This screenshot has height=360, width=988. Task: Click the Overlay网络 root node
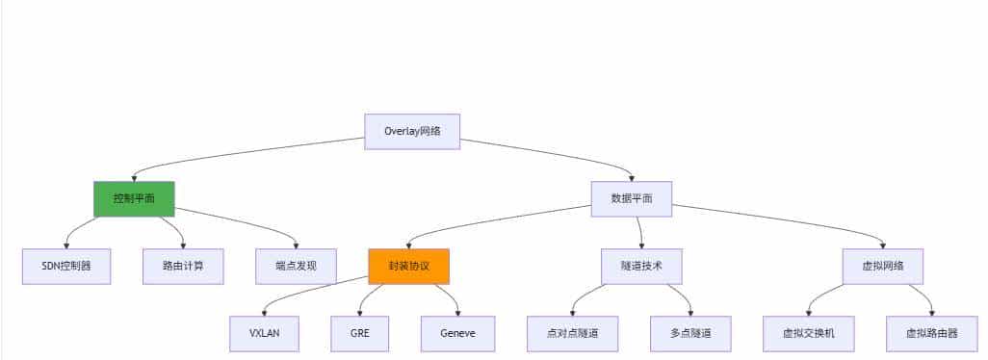click(412, 132)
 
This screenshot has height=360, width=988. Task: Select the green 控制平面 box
click(134, 198)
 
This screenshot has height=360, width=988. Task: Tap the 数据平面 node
click(632, 198)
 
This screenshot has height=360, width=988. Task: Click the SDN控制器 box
click(66, 266)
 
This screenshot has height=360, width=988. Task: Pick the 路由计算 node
click(183, 266)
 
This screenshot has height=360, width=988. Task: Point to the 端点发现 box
click(297, 266)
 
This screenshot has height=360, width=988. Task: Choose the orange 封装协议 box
click(408, 266)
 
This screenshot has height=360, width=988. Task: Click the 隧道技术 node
click(641, 266)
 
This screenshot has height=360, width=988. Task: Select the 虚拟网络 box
click(883, 266)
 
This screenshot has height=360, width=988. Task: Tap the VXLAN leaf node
click(264, 333)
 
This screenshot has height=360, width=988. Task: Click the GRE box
click(359, 333)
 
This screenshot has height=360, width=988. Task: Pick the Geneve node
click(457, 333)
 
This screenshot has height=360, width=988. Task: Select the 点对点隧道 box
click(573, 333)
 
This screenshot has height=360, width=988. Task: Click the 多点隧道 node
click(689, 333)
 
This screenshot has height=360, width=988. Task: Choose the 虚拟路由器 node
click(931, 333)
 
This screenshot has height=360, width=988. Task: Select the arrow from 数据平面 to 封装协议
click(501, 219)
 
